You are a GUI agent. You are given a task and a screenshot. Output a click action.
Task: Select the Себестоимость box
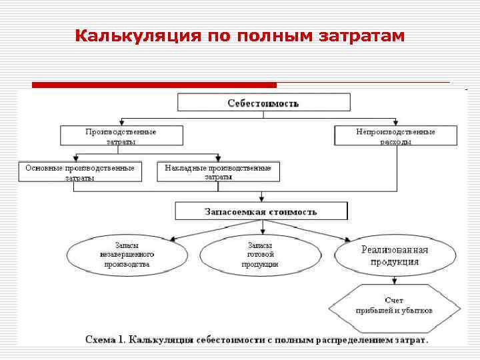[263, 103]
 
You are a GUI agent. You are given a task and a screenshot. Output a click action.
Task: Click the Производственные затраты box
[121, 136]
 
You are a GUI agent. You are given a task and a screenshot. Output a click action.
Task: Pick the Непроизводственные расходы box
[395, 136]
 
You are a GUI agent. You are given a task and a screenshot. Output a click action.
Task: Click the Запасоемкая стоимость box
[261, 212]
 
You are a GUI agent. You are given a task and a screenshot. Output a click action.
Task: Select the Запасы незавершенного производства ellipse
[127, 255]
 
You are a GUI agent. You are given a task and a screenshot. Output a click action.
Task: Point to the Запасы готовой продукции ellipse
[260, 255]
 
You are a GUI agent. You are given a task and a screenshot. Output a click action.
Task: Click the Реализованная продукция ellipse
[395, 255]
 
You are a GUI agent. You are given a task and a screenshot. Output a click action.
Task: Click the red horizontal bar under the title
[154, 85]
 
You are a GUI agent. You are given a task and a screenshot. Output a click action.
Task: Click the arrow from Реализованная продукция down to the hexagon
[396, 279]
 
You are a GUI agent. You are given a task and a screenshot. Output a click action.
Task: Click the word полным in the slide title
[274, 35]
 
